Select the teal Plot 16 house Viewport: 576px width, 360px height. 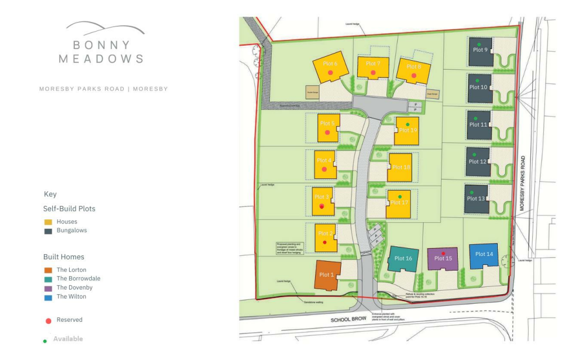[403, 259]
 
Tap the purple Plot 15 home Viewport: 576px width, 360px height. [443, 259]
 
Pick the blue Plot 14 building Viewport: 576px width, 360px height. [483, 256]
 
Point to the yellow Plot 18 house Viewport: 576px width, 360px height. [400, 168]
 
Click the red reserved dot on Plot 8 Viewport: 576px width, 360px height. [413, 75]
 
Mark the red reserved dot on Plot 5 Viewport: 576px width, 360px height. [327, 133]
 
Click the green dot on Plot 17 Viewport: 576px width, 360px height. [399, 196]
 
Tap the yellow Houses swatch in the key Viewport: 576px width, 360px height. [48, 222]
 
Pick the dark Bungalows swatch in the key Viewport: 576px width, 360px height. [48, 231]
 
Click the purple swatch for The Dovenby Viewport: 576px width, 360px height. [48, 287]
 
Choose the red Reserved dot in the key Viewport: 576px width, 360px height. [48, 320]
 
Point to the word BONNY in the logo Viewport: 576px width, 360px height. [102, 45]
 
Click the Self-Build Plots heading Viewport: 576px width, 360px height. [69, 209]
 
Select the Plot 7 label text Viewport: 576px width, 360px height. [373, 64]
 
